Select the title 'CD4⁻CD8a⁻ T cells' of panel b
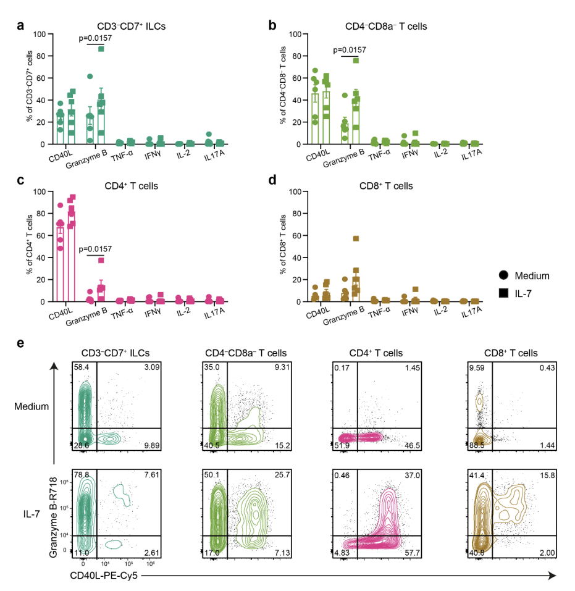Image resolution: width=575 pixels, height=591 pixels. click(x=388, y=27)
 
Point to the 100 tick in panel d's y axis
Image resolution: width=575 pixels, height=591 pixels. click(x=295, y=191)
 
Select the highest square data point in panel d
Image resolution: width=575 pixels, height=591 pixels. click(x=356, y=238)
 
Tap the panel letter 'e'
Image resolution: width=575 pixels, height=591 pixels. click(x=21, y=341)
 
